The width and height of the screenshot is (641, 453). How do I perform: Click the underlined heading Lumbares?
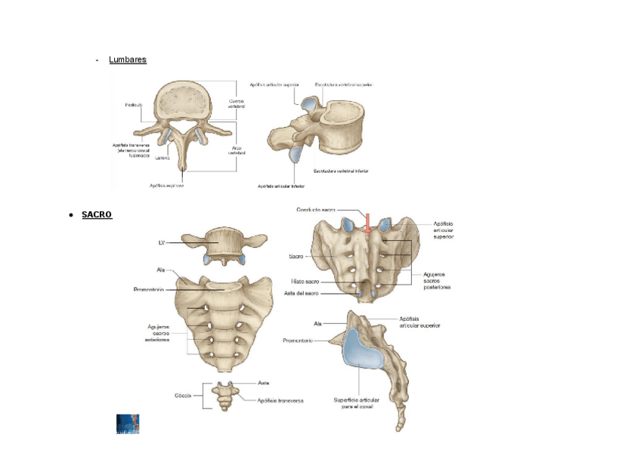[128, 59]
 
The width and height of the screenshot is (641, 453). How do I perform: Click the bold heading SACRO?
[97, 215]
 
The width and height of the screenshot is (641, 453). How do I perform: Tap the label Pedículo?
[136, 104]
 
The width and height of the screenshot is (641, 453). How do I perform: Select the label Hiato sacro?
[308, 281]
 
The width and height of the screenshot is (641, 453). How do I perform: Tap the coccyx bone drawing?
[225, 395]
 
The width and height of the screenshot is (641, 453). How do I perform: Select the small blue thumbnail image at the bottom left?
[128, 424]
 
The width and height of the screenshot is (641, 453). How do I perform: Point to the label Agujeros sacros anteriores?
[158, 333]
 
